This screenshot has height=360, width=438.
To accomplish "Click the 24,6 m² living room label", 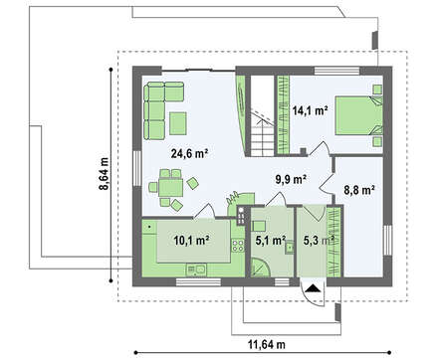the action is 189,153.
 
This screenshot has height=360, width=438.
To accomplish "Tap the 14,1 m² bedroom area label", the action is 311,110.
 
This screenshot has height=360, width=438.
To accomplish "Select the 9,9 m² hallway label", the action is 291,179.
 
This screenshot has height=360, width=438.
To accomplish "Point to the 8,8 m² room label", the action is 359,190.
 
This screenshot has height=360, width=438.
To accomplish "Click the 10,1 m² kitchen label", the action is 191,241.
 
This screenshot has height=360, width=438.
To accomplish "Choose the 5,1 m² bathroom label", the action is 271,241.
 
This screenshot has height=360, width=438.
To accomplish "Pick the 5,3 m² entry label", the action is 319,241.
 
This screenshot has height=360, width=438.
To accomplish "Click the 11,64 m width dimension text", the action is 267,344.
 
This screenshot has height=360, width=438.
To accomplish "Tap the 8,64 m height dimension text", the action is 104,174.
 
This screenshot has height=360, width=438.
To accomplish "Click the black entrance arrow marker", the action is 313,288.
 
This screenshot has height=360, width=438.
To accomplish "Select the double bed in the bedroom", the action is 358,115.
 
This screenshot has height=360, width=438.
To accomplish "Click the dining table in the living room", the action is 170,188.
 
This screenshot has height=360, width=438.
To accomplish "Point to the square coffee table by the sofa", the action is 178,123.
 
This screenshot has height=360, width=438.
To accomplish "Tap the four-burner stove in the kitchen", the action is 238,246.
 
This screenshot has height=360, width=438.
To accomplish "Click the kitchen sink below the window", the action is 196,270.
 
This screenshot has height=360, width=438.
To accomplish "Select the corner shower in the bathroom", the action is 261,268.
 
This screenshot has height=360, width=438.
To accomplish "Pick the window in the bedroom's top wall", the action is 336,71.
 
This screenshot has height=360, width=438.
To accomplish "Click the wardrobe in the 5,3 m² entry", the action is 334,242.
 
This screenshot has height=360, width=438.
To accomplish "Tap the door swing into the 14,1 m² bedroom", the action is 321,148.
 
